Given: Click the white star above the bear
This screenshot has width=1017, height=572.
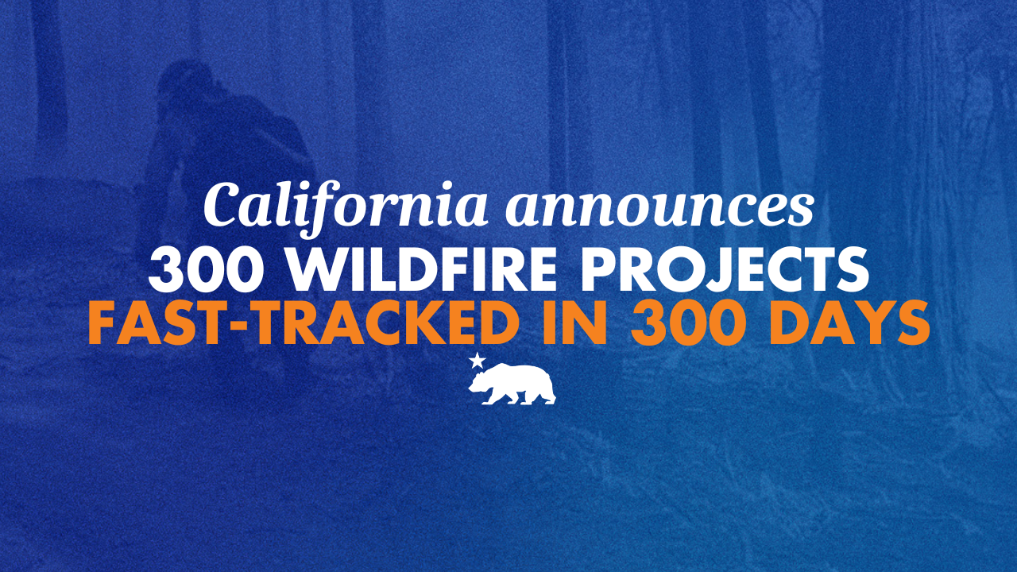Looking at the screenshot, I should click(x=477, y=361).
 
